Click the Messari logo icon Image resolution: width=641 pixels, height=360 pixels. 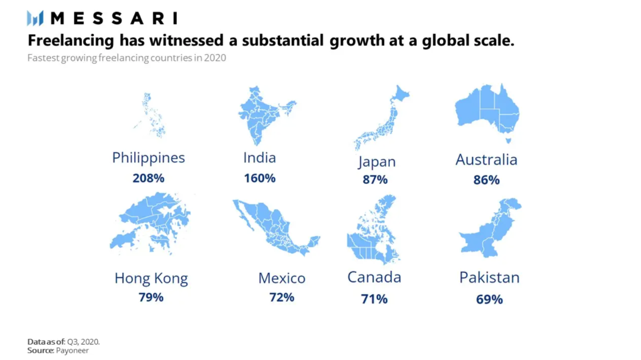(35, 18)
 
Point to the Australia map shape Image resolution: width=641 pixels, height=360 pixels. (487, 110)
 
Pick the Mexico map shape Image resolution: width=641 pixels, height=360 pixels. (274, 225)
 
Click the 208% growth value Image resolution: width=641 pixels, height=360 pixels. (148, 178)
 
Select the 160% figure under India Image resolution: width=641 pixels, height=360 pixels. (259, 178)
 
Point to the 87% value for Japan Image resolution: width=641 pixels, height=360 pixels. (375, 180)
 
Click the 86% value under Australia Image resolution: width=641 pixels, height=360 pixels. (486, 180)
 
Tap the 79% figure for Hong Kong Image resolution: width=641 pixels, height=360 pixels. (151, 297)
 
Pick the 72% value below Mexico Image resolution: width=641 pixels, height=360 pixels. (281, 297)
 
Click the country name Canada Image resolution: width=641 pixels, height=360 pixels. (374, 278)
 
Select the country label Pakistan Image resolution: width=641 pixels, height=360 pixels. (489, 278)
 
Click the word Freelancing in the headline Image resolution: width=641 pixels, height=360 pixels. (71, 41)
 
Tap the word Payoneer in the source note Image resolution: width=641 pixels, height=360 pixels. (72, 351)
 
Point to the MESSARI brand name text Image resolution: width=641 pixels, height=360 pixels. (113, 18)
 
